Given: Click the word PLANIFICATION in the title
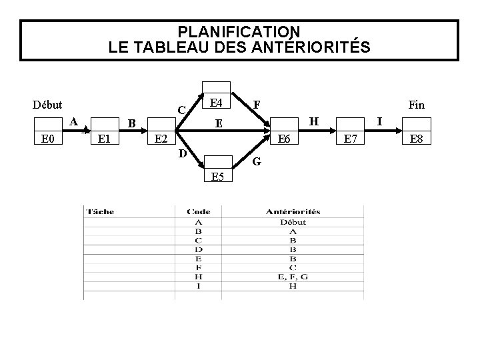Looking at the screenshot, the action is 239,31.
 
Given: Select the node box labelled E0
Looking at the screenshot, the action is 47,139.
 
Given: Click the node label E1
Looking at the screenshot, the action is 104,139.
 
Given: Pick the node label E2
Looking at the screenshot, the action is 161,139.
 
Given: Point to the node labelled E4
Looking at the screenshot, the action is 216,103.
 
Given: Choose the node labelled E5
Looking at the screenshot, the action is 217,177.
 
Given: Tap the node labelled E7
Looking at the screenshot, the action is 349,139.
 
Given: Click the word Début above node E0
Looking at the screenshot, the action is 47,104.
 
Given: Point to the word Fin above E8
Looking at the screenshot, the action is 416,104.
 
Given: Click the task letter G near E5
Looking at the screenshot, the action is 256,162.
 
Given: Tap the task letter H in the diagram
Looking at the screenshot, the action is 314,121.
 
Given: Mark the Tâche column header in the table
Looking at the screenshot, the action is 100,212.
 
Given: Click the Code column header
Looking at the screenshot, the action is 199,212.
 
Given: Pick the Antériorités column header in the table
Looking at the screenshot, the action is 293,212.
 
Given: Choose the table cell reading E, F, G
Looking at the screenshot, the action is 293,277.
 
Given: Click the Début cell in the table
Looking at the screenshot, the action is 293,222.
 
